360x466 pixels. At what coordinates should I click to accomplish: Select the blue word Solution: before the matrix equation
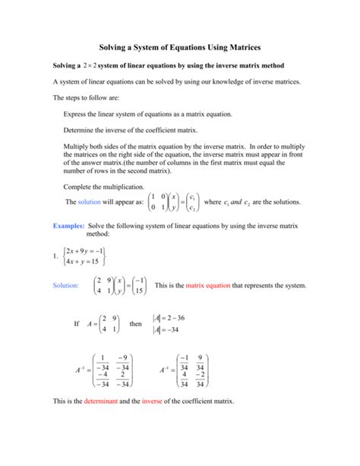pos(65,287)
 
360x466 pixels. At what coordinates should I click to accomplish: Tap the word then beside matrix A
pos(136,324)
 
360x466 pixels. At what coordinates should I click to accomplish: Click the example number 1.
pos(55,256)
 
